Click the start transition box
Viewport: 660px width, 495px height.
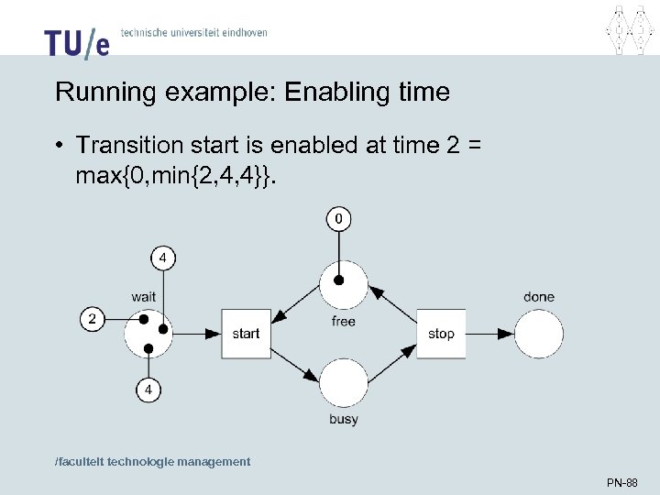click(246, 334)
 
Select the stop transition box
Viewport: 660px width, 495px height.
click(441, 334)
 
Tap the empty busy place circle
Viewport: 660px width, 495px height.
click(343, 383)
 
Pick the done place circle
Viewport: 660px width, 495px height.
click(538, 334)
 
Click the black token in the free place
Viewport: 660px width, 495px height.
click(339, 280)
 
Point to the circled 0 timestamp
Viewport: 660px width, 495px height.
click(339, 219)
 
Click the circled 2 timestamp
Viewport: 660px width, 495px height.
click(93, 319)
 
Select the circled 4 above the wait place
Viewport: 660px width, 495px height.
click(162, 258)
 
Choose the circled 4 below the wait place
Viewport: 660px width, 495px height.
click(148, 390)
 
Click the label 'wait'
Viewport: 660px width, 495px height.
click(143, 296)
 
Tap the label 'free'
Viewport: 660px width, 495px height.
click(343, 321)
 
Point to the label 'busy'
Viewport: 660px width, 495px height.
click(343, 419)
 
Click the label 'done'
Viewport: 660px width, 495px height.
click(539, 296)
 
